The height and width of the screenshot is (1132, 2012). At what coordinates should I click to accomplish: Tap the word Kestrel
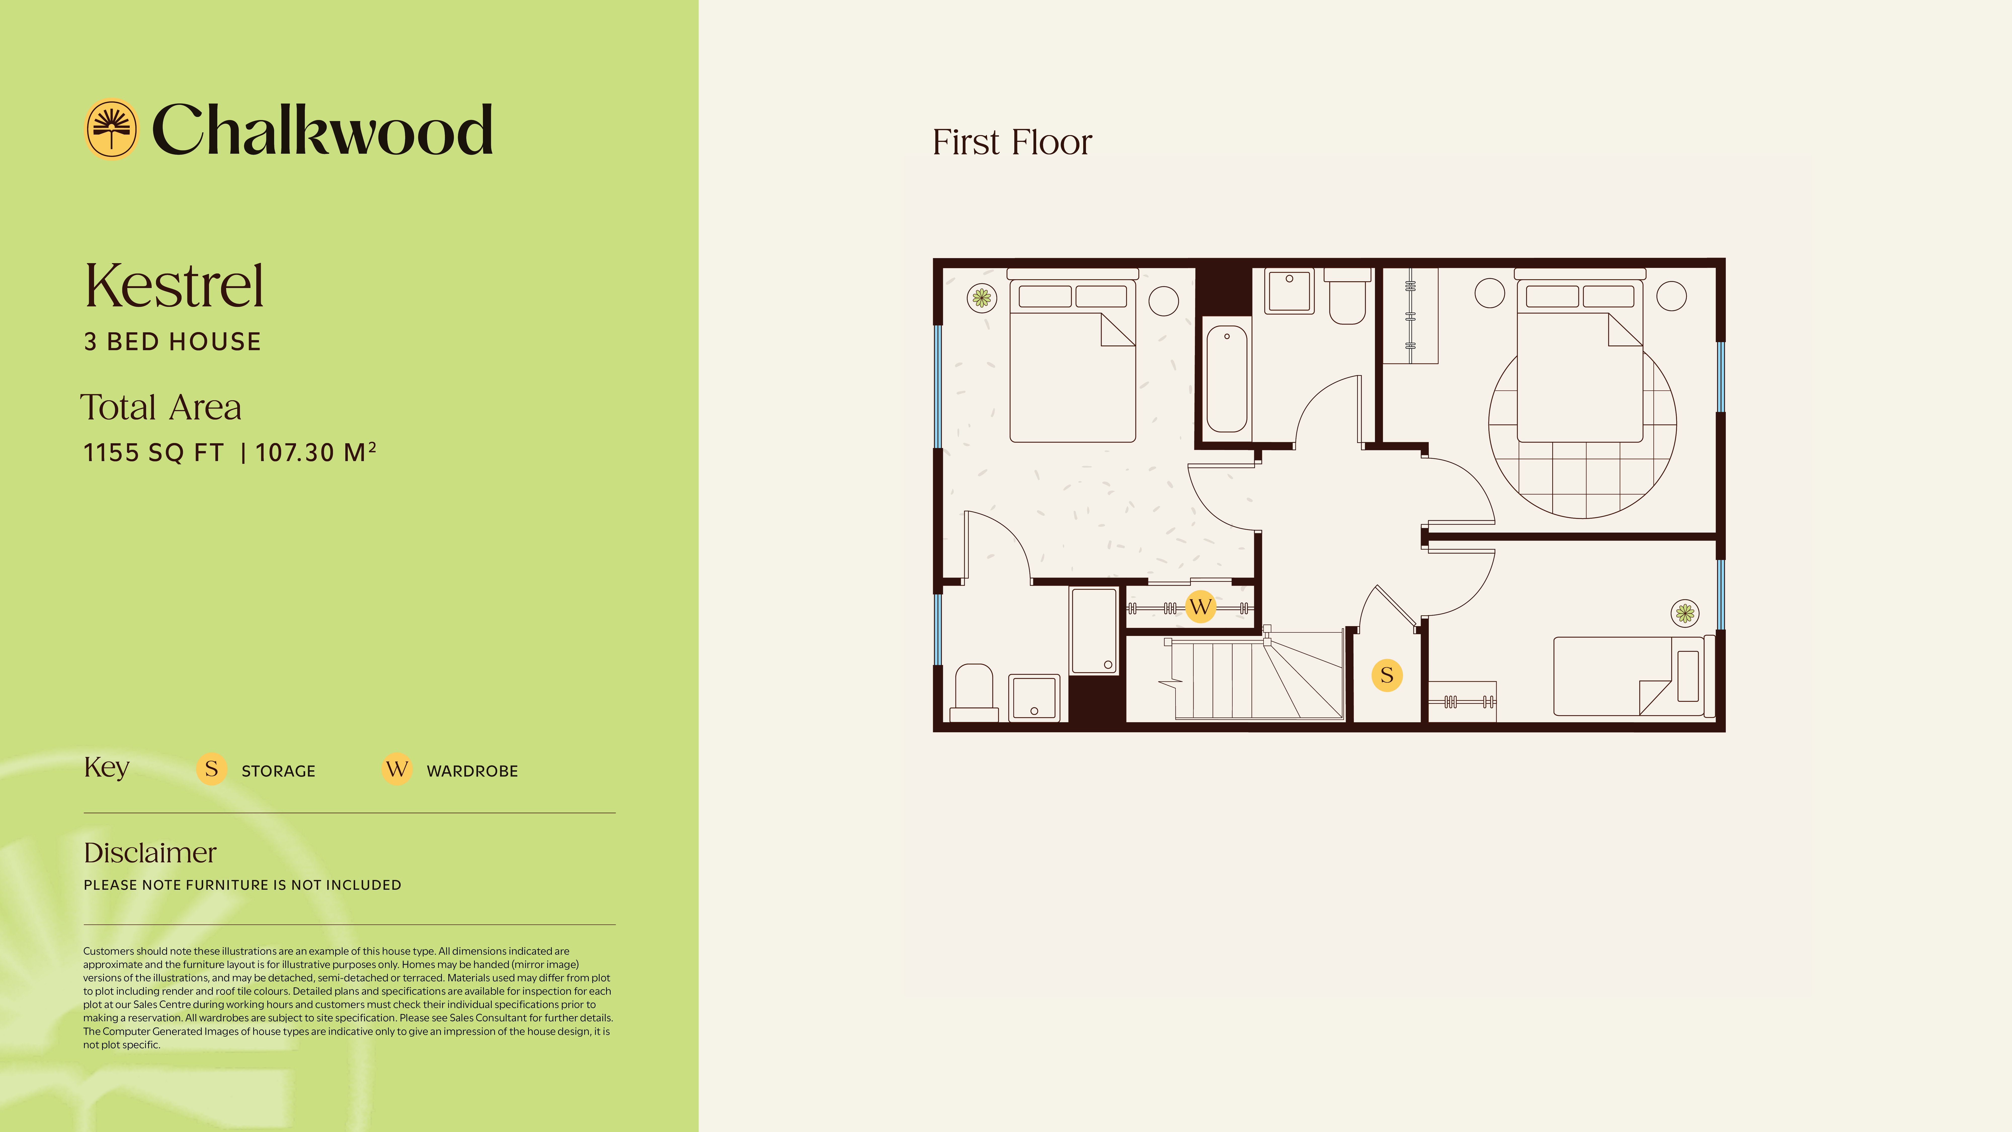pyautogui.click(x=174, y=286)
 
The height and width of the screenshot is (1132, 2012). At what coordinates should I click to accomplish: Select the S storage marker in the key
pyautogui.click(x=211, y=770)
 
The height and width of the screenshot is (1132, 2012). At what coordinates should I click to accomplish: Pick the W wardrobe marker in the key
pyautogui.click(x=397, y=770)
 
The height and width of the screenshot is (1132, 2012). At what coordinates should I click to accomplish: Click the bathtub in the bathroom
pyautogui.click(x=1226, y=379)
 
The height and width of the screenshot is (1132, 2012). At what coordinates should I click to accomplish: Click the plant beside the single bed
pyautogui.click(x=1685, y=613)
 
